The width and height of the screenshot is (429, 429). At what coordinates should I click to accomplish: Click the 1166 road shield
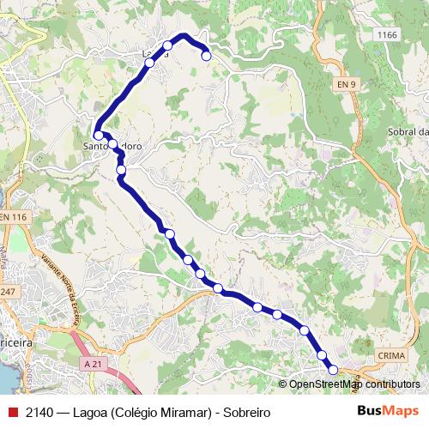[388, 34]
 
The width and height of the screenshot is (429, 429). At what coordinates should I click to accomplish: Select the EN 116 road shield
[15, 218]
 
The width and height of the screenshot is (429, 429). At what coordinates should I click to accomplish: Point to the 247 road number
[9, 293]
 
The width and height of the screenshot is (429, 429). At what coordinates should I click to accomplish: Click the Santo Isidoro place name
[112, 146]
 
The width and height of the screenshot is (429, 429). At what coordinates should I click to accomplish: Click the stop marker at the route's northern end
[206, 57]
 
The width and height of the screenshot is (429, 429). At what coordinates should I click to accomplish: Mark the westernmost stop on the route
[99, 135]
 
